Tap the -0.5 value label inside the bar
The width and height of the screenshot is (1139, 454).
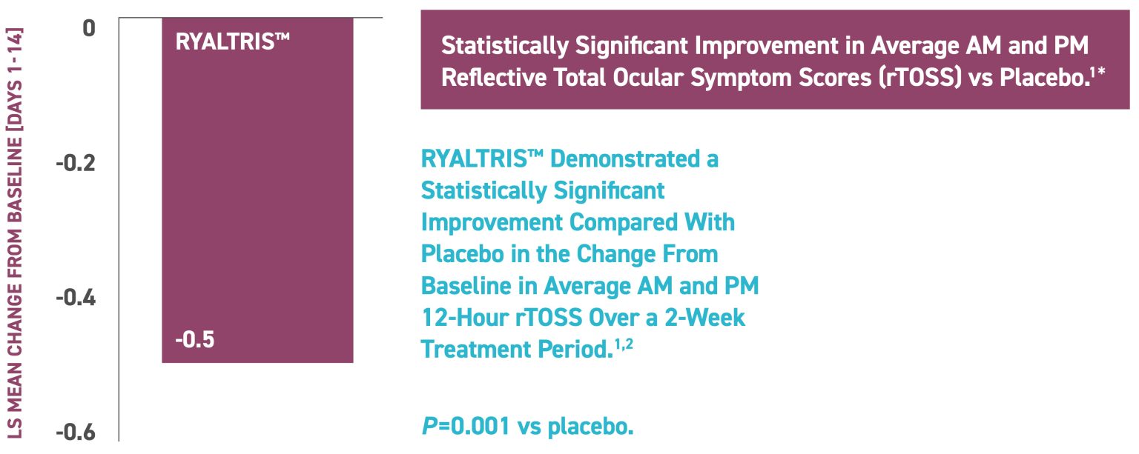click(195, 341)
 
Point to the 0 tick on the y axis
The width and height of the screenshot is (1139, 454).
click(89, 28)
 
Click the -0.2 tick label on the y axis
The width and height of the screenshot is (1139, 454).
click(76, 163)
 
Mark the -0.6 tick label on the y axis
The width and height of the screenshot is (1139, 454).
click(76, 432)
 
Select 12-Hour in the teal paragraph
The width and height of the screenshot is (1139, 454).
click(463, 318)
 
